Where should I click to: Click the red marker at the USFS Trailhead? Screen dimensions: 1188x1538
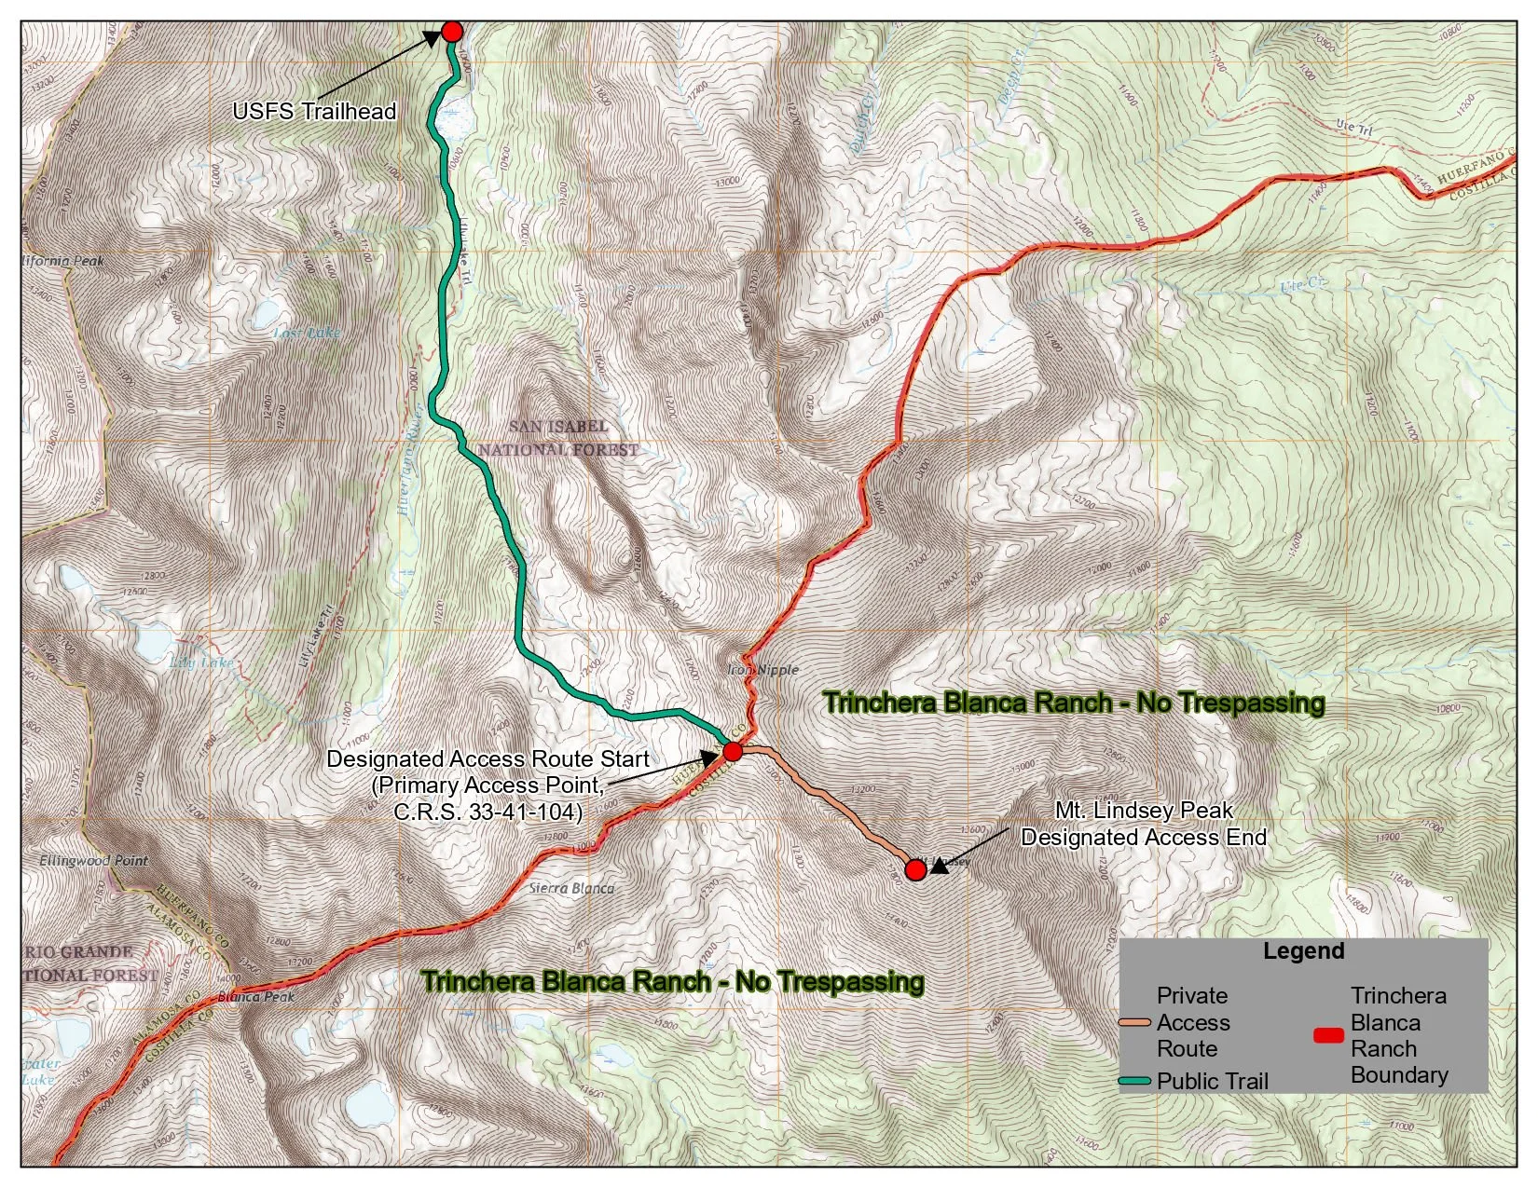(x=452, y=32)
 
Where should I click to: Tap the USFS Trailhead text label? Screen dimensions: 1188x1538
(x=314, y=111)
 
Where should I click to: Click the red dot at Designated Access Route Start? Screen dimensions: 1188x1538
(x=733, y=751)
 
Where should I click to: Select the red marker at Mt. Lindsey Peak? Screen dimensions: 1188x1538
(x=915, y=870)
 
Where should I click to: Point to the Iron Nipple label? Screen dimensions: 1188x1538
(x=762, y=669)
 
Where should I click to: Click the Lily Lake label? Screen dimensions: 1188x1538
(x=202, y=662)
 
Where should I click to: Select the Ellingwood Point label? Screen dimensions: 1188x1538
(x=93, y=860)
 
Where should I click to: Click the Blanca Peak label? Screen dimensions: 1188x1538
(x=255, y=997)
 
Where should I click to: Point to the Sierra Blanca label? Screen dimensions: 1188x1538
(x=571, y=888)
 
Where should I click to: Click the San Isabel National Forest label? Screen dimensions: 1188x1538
(x=558, y=438)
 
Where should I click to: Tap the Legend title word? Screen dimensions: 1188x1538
(x=1303, y=951)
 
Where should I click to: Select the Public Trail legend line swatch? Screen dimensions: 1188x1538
(x=1134, y=1082)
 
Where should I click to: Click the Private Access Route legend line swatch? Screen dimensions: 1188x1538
(x=1134, y=1023)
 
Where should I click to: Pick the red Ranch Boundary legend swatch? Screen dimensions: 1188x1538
(x=1328, y=1035)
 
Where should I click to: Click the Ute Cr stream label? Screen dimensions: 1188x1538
(x=1302, y=285)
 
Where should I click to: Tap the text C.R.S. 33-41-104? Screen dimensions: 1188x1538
(x=487, y=812)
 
